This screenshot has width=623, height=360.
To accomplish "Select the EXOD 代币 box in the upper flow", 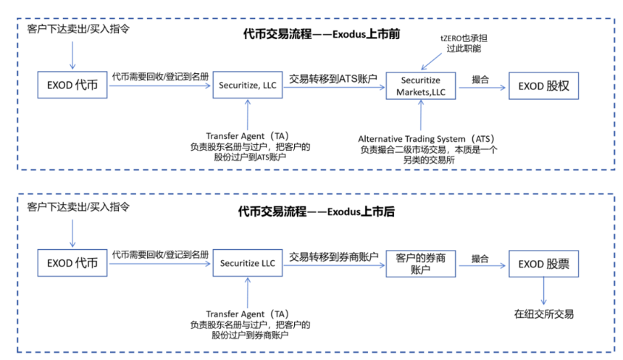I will pos(72,87).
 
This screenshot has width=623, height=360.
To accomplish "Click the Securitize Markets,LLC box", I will pos(421,87).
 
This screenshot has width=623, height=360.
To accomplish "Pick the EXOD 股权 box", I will pos(544,87).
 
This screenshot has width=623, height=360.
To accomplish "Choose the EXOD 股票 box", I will pos(544,264).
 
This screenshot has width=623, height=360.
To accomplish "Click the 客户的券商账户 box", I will pos(421,264).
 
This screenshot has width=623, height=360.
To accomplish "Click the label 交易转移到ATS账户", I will pos(333,78).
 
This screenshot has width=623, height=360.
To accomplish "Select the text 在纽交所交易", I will pos(544,314).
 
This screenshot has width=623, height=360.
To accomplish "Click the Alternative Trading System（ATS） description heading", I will pos(420,138).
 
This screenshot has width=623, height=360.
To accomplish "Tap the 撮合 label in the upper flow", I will pos(480,78).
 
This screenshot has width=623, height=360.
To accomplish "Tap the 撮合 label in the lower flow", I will pos(480,257).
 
